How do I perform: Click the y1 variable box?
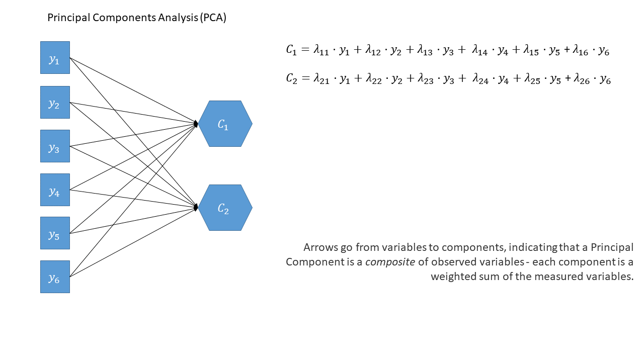(x=55, y=58)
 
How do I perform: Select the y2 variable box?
(x=55, y=102)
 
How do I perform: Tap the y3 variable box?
(x=55, y=146)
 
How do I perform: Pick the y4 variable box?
(x=55, y=190)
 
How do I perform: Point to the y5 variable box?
(x=55, y=233)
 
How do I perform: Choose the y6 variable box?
(x=55, y=277)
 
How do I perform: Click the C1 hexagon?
(x=225, y=124)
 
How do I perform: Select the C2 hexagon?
(x=225, y=208)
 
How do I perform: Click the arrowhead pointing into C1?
(x=196, y=123)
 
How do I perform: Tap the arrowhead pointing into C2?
(x=196, y=207)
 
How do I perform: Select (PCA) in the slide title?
(x=213, y=18)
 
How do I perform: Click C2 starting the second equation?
(x=292, y=78)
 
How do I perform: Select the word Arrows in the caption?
(x=318, y=248)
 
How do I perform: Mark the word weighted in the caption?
(x=451, y=277)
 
